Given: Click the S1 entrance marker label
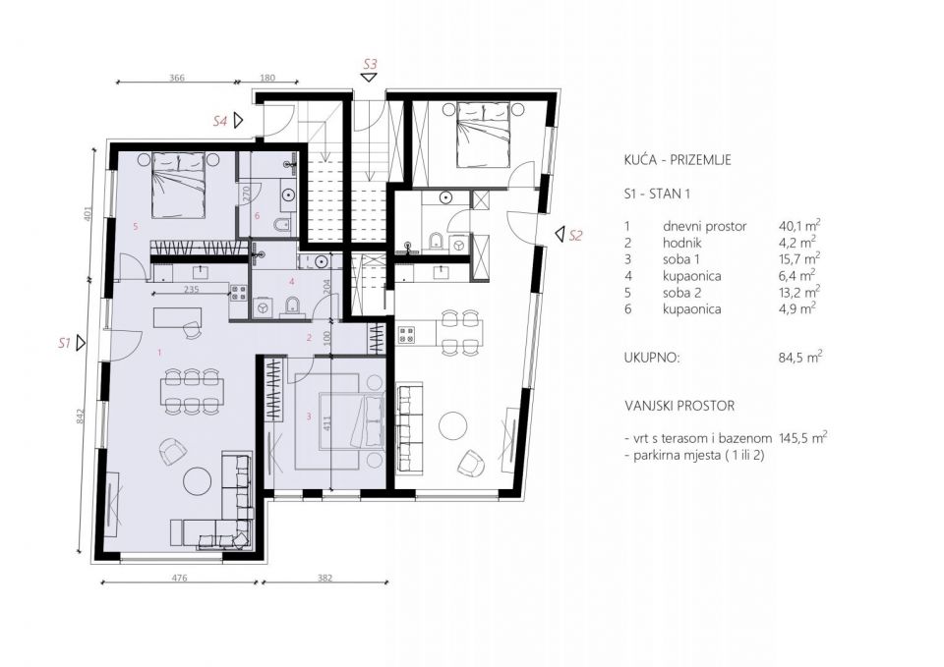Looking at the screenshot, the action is click(64, 344).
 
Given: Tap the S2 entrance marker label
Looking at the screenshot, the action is click(576, 236).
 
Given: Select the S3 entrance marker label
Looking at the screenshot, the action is click(370, 63).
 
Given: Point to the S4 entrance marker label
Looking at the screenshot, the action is click(220, 120).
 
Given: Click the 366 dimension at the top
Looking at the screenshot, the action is click(176, 78).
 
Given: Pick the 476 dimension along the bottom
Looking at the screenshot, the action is click(179, 578).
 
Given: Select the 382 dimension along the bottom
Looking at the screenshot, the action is click(324, 578).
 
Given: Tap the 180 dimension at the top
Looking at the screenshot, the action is click(267, 78).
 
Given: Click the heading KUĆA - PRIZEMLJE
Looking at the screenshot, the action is click(678, 160).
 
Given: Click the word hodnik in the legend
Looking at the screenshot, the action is click(682, 243).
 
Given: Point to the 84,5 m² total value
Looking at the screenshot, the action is click(800, 358).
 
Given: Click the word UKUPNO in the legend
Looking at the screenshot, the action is click(652, 359).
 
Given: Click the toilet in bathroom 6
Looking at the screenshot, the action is click(281, 226).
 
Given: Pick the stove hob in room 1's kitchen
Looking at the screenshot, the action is click(238, 293).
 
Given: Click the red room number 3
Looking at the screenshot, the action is click(309, 417).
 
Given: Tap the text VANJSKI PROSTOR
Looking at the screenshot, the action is click(679, 406).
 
